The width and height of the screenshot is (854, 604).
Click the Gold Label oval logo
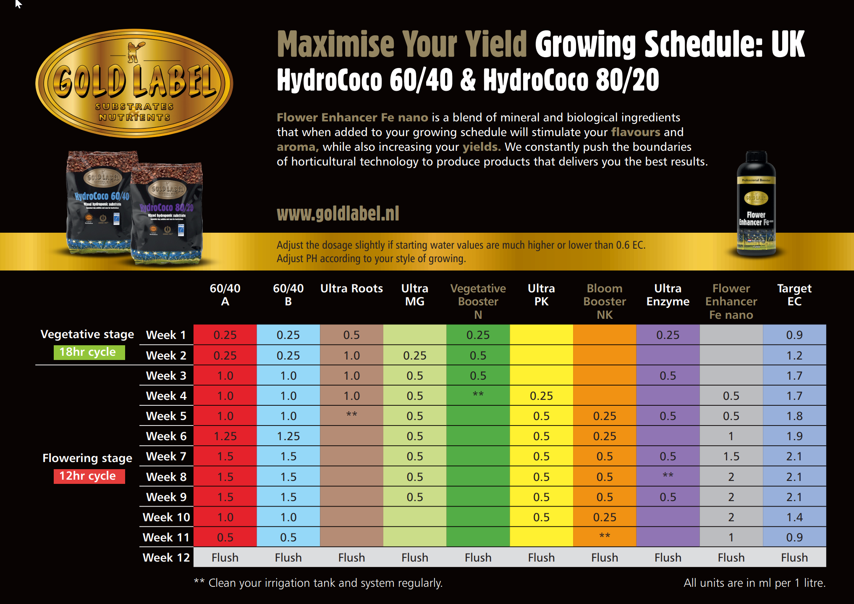tap(134, 83)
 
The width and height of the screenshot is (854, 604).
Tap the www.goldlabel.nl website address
tap(338, 214)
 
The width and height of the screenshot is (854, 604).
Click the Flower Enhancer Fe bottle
tap(756, 204)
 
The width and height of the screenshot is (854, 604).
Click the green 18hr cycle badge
tap(89, 352)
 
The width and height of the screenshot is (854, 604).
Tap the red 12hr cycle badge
tap(89, 476)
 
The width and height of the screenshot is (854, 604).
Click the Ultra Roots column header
tap(351, 289)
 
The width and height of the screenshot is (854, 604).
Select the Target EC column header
tap(794, 295)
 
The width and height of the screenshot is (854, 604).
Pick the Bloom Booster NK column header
tap(605, 301)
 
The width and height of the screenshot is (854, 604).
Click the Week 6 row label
tap(166, 436)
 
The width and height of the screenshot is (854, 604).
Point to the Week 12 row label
tap(166, 557)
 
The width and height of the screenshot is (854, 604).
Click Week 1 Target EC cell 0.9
tap(794, 335)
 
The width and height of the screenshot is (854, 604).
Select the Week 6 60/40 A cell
tap(225, 436)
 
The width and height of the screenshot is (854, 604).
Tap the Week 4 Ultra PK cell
tap(541, 396)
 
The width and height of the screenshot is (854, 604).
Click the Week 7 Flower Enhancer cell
tap(731, 456)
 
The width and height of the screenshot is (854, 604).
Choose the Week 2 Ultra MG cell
tap(415, 355)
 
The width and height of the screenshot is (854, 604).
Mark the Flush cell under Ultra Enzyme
tap(668, 557)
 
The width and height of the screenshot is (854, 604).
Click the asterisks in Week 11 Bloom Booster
tap(605, 536)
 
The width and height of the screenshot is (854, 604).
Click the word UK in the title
tap(788, 44)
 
